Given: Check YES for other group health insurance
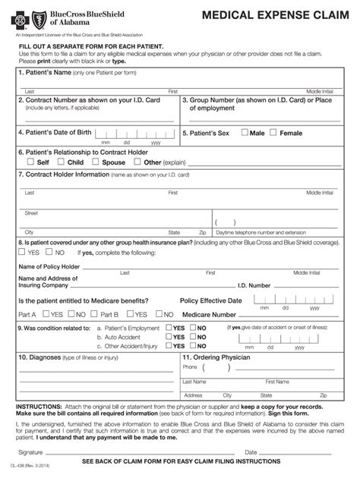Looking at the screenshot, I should click(23, 253).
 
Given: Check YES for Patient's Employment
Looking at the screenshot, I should click(168, 328).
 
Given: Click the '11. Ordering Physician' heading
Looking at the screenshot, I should click(216, 357).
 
